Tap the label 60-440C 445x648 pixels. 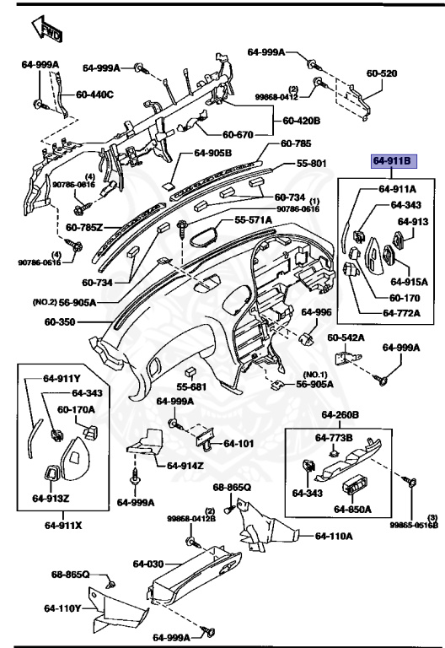[95, 94]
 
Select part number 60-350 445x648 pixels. [61, 321]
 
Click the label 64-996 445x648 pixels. [317, 312]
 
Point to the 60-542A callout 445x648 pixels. [346, 337]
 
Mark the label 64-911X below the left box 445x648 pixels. [64, 525]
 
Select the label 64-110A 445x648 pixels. [335, 536]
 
